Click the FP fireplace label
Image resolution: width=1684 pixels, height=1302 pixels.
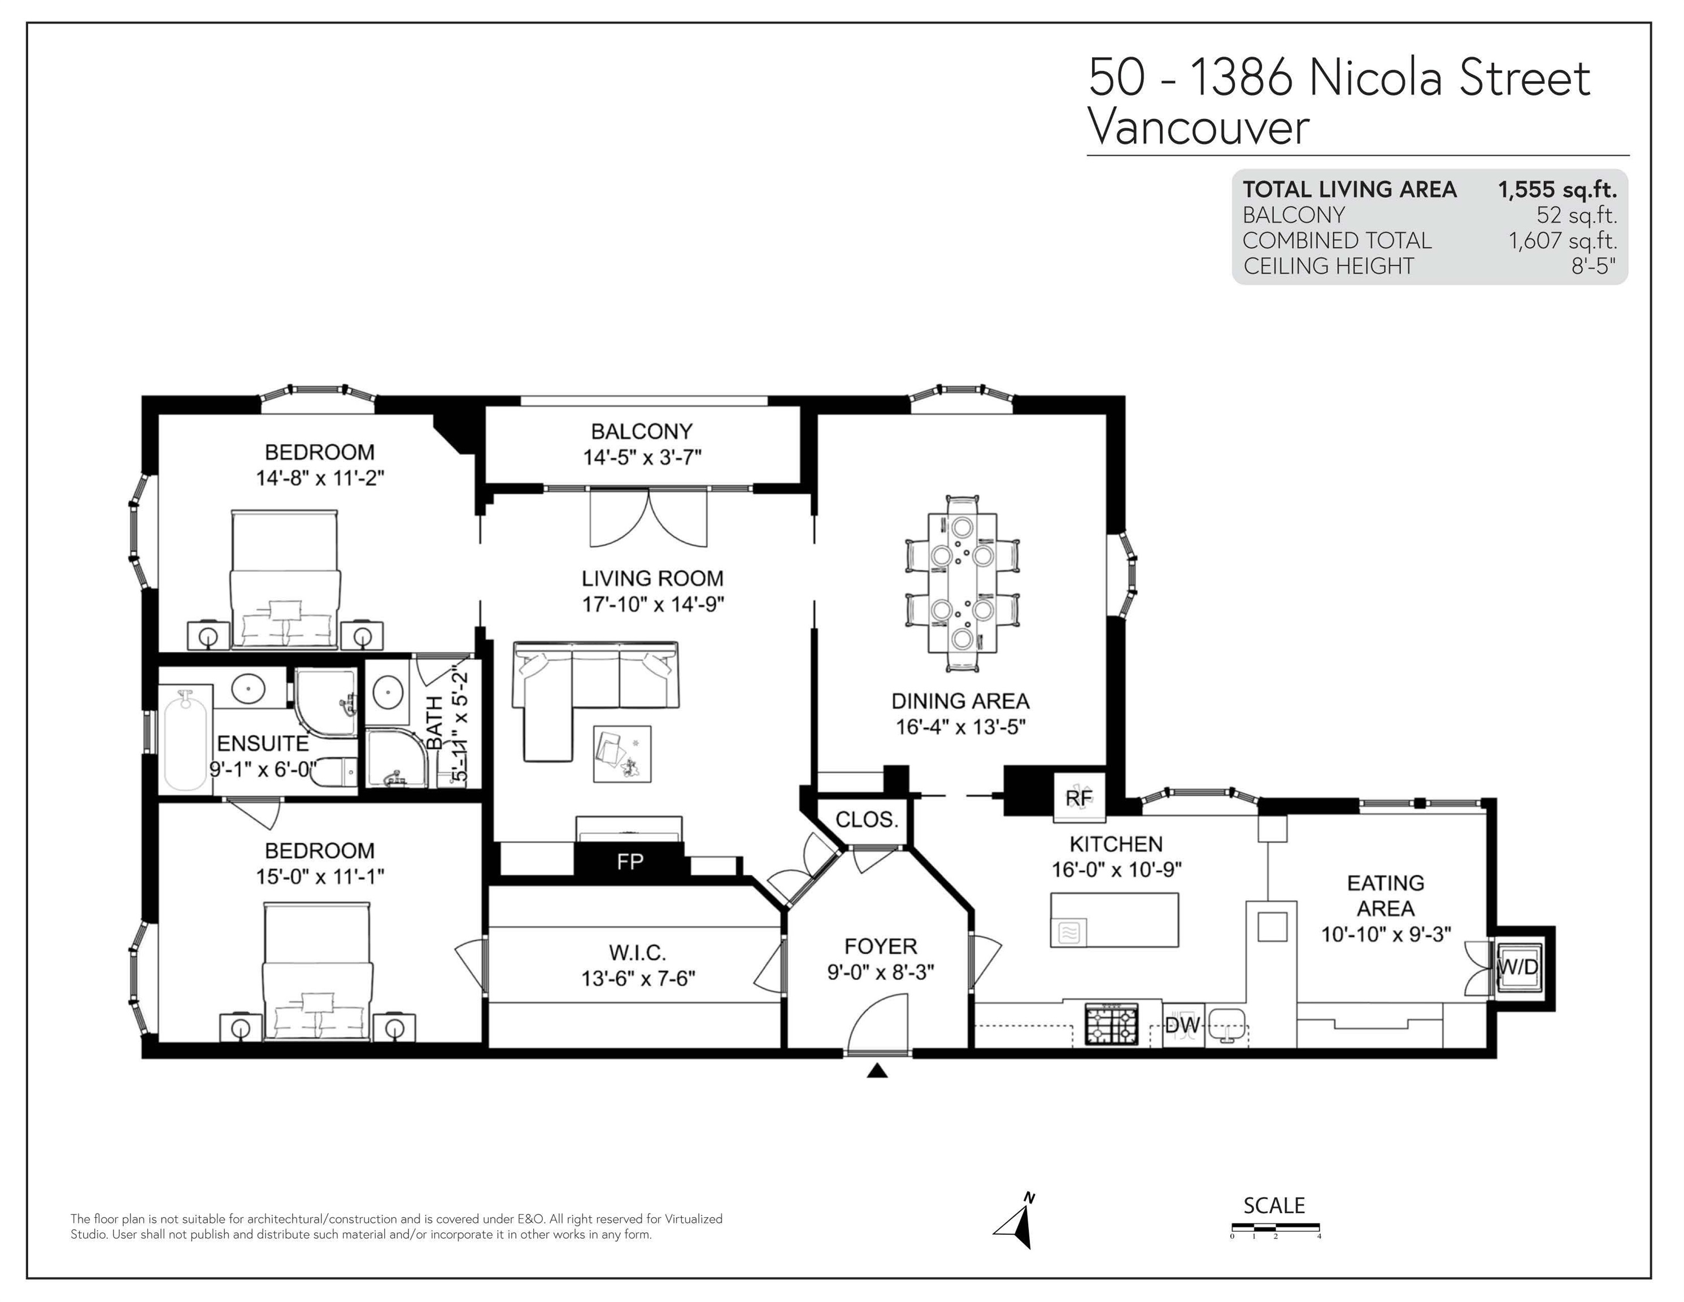[x=630, y=861]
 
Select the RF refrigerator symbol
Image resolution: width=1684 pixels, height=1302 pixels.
[x=1080, y=797]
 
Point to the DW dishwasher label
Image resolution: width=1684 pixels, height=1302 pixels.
[x=1182, y=1025]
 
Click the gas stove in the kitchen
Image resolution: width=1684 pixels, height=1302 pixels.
[x=1111, y=1023]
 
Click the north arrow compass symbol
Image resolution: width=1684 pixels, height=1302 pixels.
[x=1016, y=1221]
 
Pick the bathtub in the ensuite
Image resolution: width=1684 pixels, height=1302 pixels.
[x=186, y=739]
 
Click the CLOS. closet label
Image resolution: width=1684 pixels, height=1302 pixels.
[x=867, y=819]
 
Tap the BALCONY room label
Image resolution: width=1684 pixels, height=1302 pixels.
[x=642, y=431]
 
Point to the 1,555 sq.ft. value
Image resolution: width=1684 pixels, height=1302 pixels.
[x=1557, y=190]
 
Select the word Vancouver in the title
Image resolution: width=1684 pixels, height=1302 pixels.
[x=1198, y=127]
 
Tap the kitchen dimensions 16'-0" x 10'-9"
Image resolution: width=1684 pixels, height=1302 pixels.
[x=1116, y=869]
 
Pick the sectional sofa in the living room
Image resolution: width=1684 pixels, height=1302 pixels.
[x=594, y=689]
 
